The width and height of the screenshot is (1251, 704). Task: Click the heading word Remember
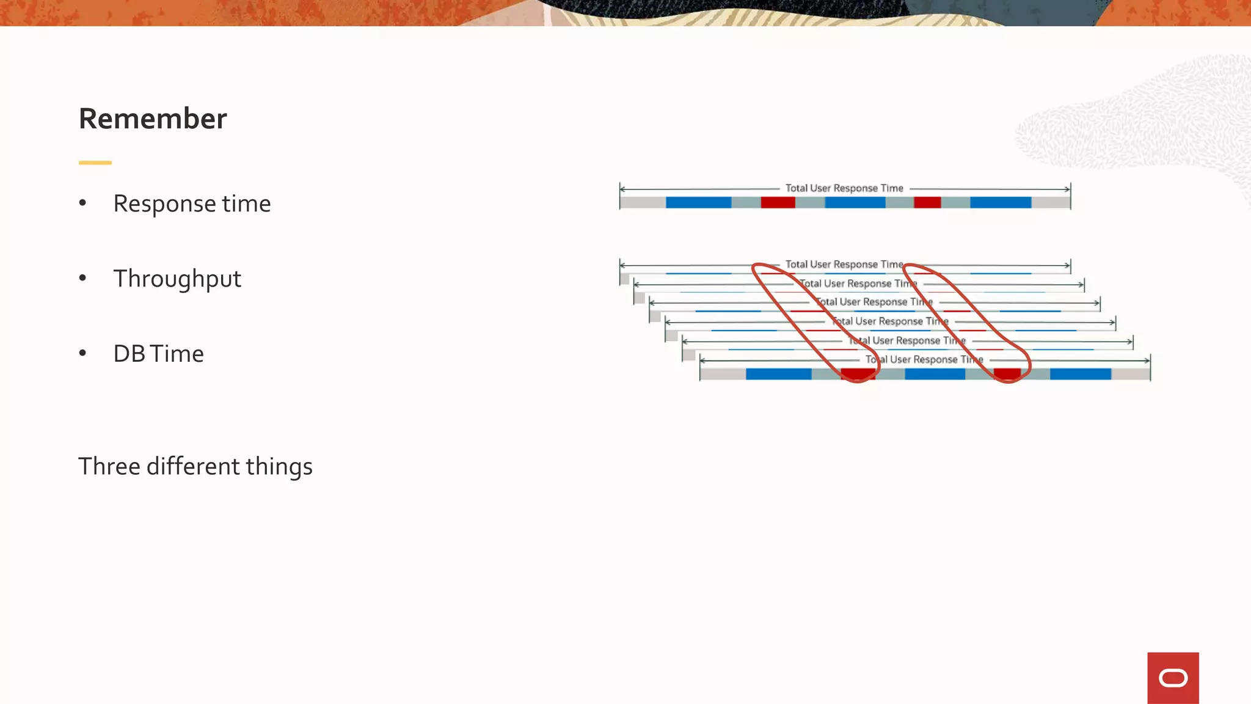tap(153, 119)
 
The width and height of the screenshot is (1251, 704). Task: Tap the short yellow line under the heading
tap(95, 163)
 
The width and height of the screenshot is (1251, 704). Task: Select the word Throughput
tap(177, 279)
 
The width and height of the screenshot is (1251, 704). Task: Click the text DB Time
tap(158, 354)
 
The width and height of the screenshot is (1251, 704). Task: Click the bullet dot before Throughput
tap(82, 278)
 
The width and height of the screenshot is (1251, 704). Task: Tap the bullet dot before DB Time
tap(82, 353)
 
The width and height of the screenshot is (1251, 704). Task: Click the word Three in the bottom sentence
tap(109, 466)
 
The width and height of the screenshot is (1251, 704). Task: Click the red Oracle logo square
tap(1173, 678)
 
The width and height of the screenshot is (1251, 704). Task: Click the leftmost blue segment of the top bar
tap(698, 202)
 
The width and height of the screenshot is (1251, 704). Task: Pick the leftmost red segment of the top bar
tap(778, 202)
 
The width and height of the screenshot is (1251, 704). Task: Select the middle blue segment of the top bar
tap(855, 202)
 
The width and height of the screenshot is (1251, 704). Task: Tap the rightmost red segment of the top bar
tap(927, 202)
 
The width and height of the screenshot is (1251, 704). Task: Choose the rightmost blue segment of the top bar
tap(1001, 202)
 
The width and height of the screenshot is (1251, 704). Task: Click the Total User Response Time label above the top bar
tap(844, 188)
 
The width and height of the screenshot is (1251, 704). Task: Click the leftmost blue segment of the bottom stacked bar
tap(778, 374)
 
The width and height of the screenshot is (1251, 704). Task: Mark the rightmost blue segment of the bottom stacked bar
tap(1080, 374)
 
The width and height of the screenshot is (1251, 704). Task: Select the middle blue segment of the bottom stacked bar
tap(935, 374)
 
